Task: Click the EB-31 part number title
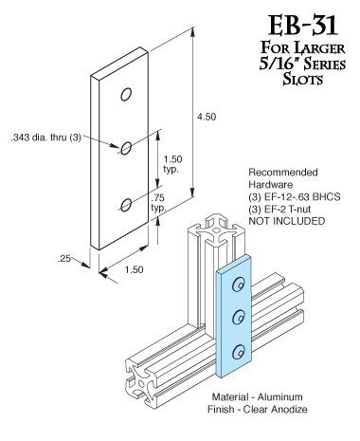click(303, 26)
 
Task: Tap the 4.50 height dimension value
click(207, 117)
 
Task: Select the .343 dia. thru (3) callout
click(46, 138)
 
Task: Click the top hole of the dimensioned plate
click(126, 95)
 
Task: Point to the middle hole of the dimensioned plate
click(126, 148)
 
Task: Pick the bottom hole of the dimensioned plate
click(126, 205)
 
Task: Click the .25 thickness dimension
click(63, 259)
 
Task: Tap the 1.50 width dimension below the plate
click(134, 269)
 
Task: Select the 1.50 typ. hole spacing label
click(172, 164)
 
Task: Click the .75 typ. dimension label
click(158, 203)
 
